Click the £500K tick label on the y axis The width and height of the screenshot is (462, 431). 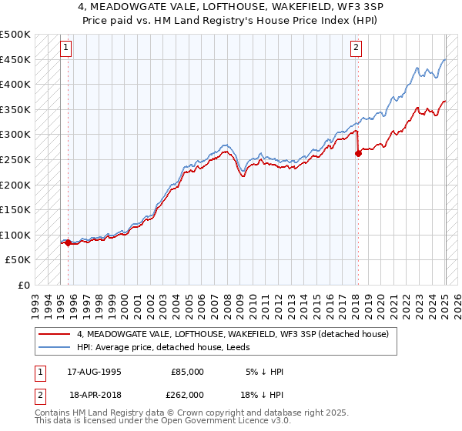coord(15,35)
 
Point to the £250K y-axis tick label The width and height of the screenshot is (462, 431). coord(15,159)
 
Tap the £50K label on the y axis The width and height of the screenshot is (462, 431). coord(18,260)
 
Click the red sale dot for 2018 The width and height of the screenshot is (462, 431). coord(358,154)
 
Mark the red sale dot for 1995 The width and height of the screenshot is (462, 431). coord(68,242)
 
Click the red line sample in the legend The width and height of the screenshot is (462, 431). coord(55,334)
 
